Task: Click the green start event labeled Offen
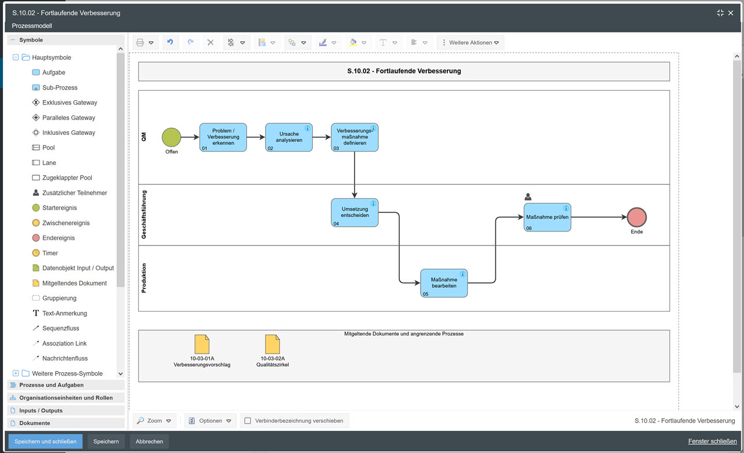[x=171, y=138]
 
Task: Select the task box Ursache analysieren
[x=289, y=137]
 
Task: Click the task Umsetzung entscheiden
[x=355, y=213]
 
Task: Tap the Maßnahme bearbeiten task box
[x=443, y=283]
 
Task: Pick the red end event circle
[x=636, y=217]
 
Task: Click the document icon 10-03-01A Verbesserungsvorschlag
[x=202, y=344]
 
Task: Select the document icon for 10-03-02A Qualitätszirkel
[x=272, y=344]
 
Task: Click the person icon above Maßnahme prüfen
[x=528, y=197]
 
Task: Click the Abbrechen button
[x=149, y=441]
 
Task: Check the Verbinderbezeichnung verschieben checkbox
[x=248, y=420]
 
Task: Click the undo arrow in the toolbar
[x=170, y=42]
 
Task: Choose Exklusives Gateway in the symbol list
[x=69, y=102]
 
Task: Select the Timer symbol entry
[x=50, y=253]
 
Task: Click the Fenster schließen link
[x=712, y=441]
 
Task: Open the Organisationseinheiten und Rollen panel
[x=66, y=398]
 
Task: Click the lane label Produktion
[x=144, y=278]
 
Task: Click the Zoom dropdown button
[x=155, y=420]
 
